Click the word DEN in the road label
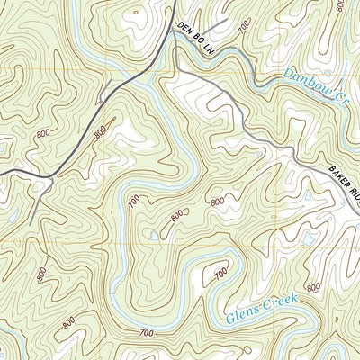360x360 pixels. click(x=184, y=31)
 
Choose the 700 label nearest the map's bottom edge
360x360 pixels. click(x=145, y=334)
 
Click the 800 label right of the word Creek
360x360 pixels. click(x=312, y=287)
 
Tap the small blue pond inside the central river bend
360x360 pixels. click(x=155, y=236)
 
